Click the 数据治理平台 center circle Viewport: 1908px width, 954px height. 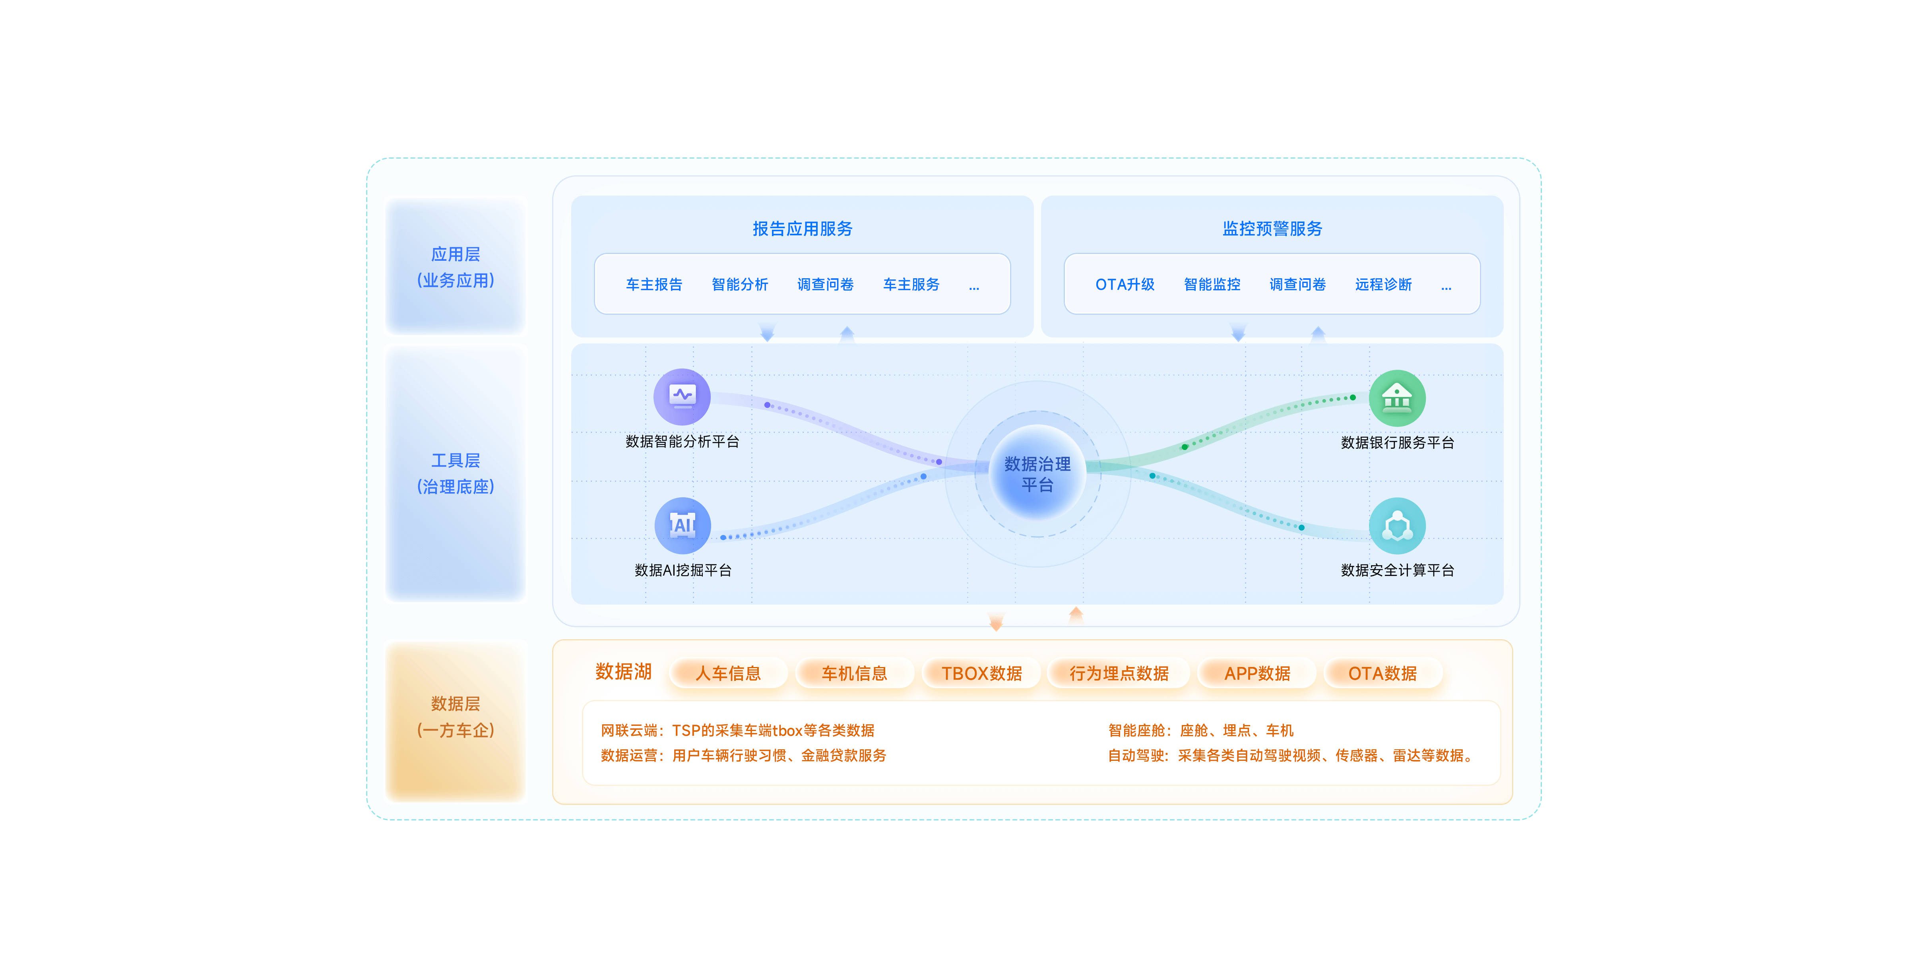tap(1037, 474)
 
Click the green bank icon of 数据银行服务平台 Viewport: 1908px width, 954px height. tap(1397, 398)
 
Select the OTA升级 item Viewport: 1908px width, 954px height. tap(1125, 285)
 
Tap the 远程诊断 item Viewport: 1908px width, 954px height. tap(1383, 285)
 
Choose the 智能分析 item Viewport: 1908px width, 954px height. tap(739, 285)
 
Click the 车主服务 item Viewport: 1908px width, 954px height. tap(911, 285)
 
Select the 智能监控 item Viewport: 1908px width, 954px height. tap(1212, 285)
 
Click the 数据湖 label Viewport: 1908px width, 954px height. tap(623, 672)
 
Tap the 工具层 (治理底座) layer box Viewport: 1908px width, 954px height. tap(456, 473)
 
